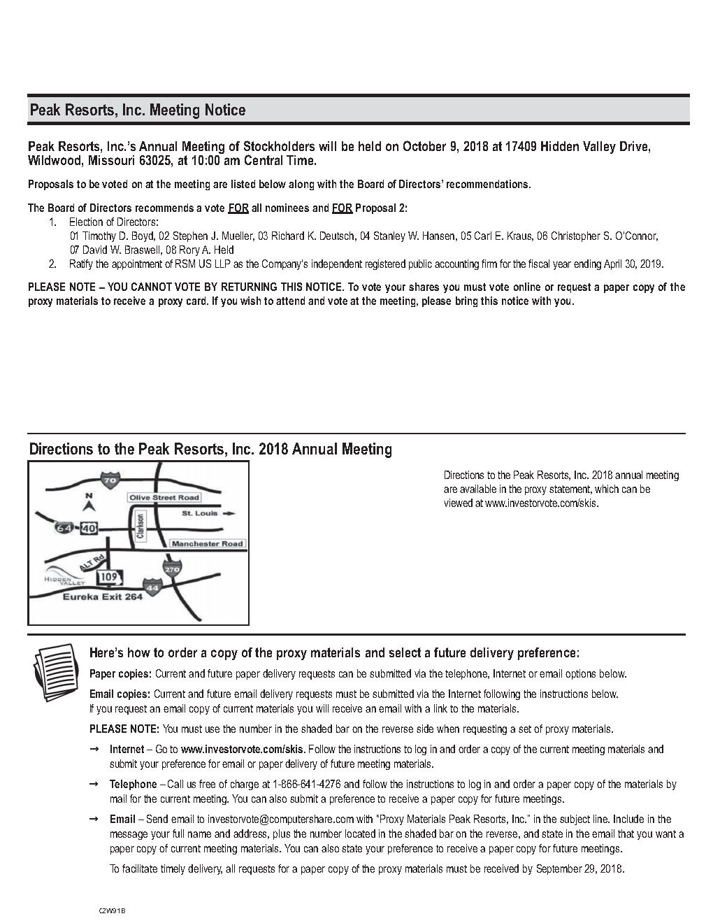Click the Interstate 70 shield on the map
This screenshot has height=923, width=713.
[x=110, y=480]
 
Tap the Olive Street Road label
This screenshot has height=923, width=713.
[x=164, y=498]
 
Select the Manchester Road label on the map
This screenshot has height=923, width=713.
[x=207, y=543]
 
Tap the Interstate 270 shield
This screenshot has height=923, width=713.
[x=172, y=569]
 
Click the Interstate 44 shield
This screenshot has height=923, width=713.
[x=152, y=588]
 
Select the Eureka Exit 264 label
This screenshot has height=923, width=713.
[x=103, y=597]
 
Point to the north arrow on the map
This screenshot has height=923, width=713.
[x=88, y=505]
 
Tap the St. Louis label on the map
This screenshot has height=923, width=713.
[x=200, y=513]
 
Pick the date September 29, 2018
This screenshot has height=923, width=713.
[x=579, y=870]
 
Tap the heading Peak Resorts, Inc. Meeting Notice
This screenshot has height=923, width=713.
[x=137, y=110]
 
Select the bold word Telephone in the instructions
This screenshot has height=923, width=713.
[x=133, y=785]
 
